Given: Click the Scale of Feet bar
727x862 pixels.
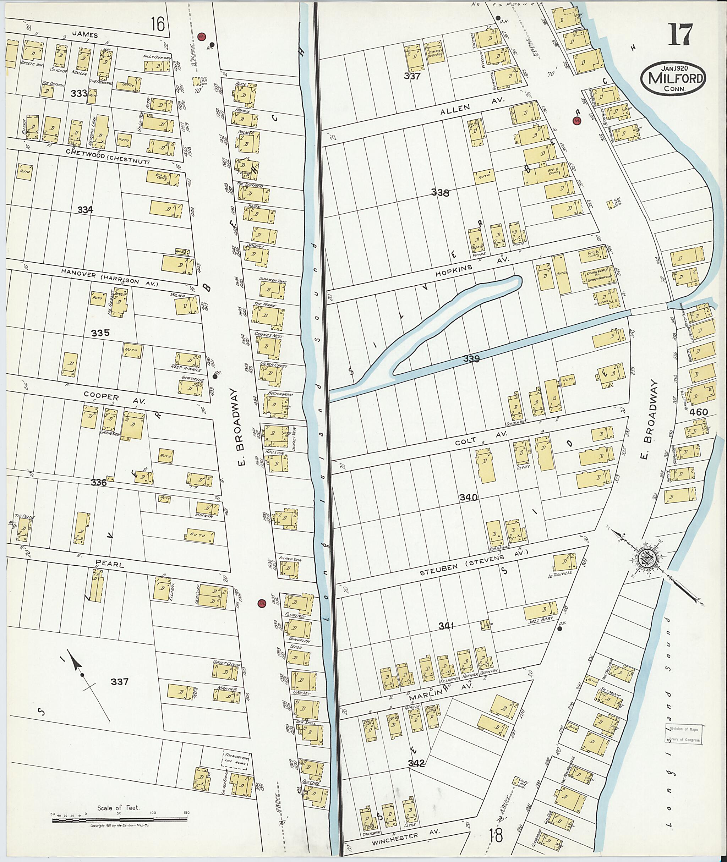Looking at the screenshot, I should coord(120,820).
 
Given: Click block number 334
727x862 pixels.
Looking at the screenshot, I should coord(85,210).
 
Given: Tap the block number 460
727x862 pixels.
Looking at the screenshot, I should coord(698,412).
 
